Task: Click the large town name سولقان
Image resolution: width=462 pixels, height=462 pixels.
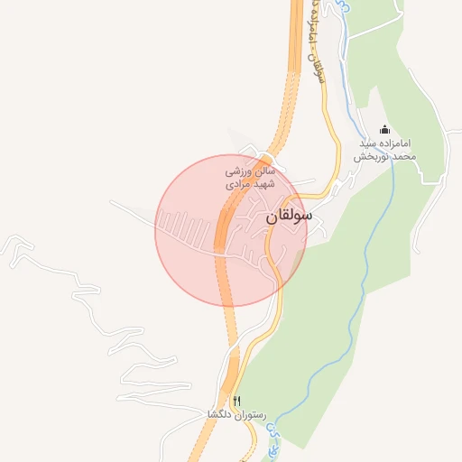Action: (x=290, y=217)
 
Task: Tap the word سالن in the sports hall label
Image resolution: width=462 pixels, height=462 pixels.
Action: (x=261, y=170)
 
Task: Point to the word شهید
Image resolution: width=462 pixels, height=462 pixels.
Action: (x=263, y=183)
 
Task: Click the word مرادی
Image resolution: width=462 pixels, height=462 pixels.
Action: (x=239, y=183)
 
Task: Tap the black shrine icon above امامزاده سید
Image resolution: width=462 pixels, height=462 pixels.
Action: (x=385, y=129)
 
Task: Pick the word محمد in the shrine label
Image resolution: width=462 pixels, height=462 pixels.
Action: (x=402, y=156)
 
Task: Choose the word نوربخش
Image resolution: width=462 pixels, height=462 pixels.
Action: (x=368, y=156)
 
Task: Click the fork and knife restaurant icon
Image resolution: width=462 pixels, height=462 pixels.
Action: (x=237, y=401)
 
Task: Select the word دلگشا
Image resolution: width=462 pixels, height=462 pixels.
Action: (x=222, y=415)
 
